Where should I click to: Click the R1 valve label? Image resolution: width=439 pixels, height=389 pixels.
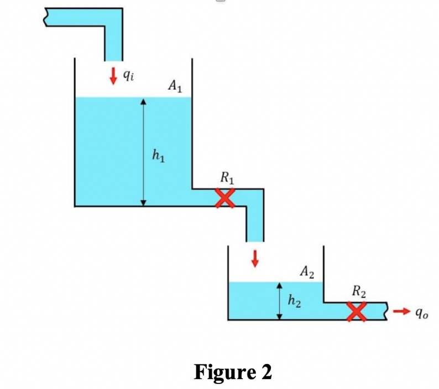(x=227, y=178)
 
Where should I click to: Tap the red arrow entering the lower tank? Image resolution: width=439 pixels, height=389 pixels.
(x=255, y=258)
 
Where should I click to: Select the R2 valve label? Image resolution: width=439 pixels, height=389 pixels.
(x=358, y=290)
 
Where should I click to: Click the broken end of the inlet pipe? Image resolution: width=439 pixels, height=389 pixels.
(x=46, y=17)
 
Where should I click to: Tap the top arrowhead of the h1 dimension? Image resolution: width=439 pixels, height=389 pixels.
(x=143, y=101)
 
